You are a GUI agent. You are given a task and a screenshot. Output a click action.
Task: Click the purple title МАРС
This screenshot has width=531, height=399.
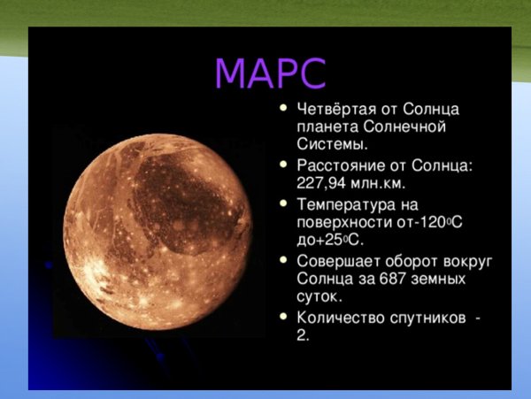[270, 74]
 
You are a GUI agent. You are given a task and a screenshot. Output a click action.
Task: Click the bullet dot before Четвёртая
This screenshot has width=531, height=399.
[282, 110]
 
